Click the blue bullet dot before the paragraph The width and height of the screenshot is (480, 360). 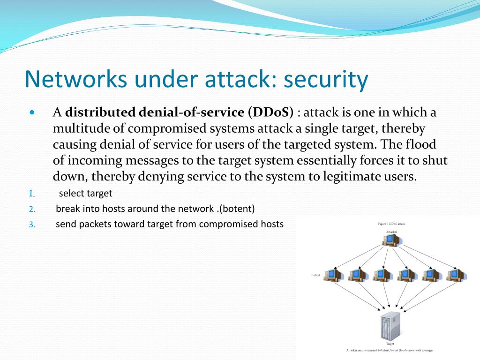pos(32,113)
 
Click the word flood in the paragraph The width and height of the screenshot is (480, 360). pos(420,144)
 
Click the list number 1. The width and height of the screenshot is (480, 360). pos(31,194)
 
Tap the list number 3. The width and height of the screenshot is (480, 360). pos(31,225)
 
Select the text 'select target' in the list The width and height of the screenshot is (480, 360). pos(86,193)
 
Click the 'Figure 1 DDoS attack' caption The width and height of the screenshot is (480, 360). pos(391,224)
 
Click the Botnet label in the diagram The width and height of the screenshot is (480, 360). pos(315,275)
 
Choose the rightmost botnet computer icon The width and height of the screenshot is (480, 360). pos(454,275)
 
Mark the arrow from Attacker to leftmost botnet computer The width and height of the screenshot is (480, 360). pos(359,256)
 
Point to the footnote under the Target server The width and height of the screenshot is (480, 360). pos(390,350)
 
